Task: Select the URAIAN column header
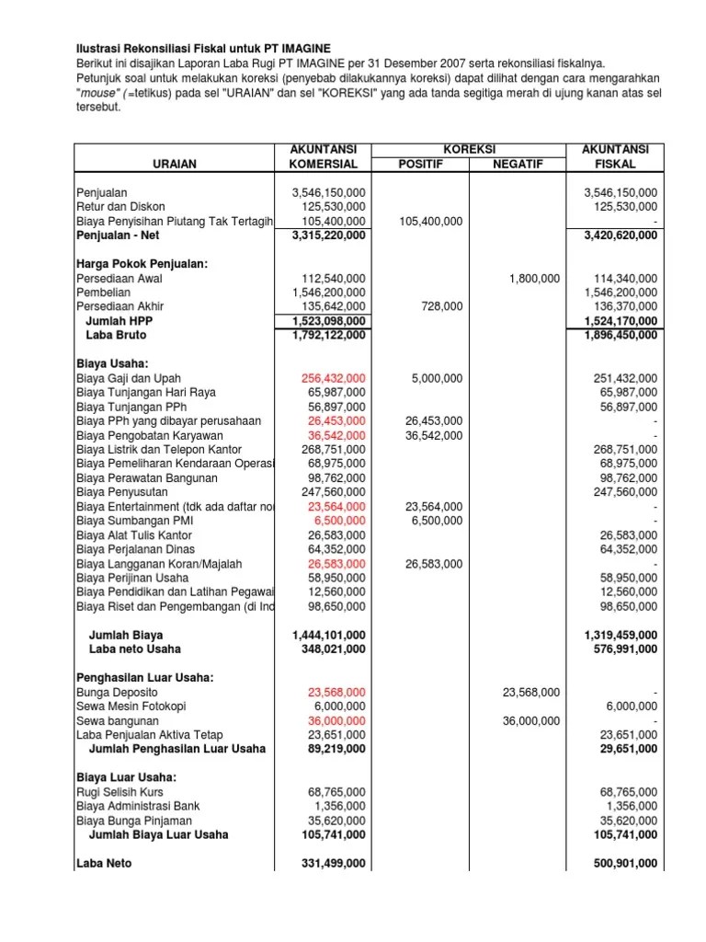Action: [175, 164]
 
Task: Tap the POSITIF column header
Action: [419, 164]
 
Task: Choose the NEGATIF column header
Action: [518, 164]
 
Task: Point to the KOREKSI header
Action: [469, 149]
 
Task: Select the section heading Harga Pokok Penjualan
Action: [142, 264]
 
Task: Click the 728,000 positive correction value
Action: [442, 306]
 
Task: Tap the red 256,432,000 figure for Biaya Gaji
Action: [333, 378]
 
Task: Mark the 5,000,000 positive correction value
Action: [435, 378]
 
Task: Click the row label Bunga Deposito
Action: [118, 692]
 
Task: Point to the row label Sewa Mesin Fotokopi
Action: [131, 706]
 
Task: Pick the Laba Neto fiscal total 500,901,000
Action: [621, 863]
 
